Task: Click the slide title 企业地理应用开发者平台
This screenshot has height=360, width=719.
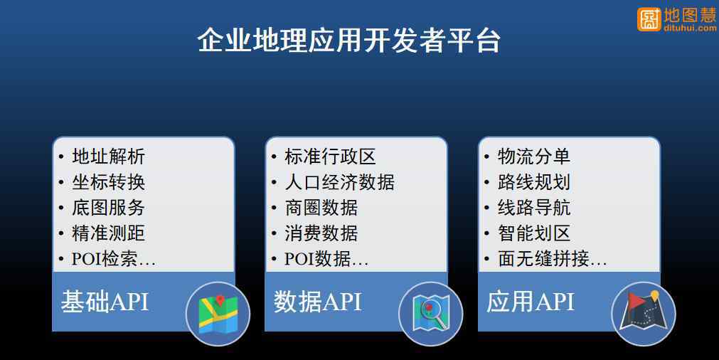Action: coord(349,41)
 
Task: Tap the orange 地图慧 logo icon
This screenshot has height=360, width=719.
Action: coord(649,18)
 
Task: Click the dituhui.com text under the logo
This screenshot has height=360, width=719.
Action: coord(690,28)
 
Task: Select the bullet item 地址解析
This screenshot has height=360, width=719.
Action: coord(108,157)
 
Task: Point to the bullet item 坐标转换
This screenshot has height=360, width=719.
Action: coord(108,182)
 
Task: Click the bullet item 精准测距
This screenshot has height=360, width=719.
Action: coord(108,233)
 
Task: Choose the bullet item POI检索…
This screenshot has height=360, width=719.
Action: coord(114,259)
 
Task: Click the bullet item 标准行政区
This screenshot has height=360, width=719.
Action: coord(330,157)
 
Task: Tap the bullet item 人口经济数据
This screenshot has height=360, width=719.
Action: coord(339,182)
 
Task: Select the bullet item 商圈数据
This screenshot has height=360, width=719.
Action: coord(321,208)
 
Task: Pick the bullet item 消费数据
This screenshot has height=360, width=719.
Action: coord(321,233)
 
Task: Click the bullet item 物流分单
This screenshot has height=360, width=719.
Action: coord(534,157)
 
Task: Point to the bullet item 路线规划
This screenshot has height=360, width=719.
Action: coord(534,182)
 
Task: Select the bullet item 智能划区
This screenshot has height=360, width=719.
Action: coord(534,233)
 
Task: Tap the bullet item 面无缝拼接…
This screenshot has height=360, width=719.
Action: coord(553,259)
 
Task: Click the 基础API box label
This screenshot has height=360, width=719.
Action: coord(105,302)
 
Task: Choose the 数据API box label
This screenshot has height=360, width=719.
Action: coord(317,302)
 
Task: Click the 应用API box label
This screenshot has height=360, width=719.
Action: coord(530,302)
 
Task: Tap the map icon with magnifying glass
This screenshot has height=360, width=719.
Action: coord(430,314)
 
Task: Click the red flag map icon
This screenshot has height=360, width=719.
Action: coord(644,314)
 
